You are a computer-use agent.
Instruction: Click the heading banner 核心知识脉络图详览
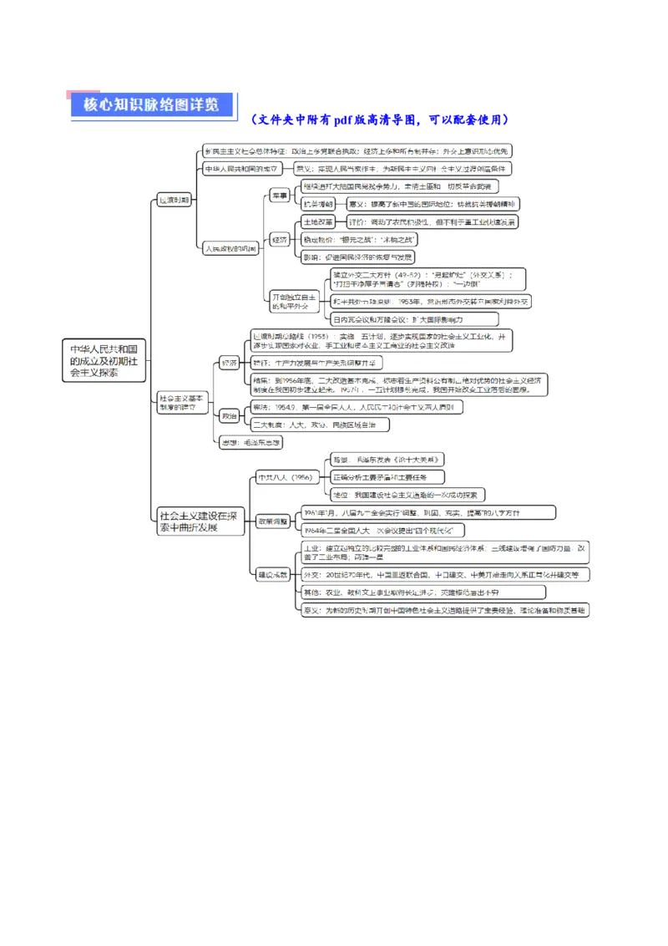point(150,104)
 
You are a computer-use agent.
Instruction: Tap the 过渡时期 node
point(174,200)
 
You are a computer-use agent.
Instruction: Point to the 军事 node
point(279,195)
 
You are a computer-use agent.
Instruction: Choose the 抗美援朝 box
point(318,204)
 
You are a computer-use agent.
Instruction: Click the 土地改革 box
point(318,222)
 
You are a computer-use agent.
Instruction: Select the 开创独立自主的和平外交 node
point(294,302)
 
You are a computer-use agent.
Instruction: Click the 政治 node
point(229,415)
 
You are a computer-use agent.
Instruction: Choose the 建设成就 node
point(273,575)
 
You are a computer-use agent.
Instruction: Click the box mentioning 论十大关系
point(387,460)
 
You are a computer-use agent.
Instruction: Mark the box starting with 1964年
point(382,531)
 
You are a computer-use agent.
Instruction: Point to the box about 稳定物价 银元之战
point(358,239)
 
